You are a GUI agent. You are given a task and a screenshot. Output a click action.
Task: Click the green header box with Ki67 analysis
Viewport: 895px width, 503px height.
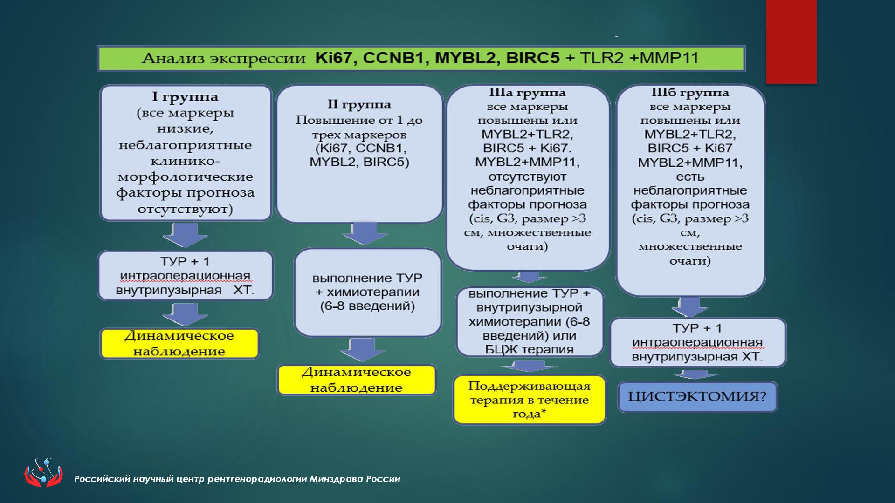(421, 59)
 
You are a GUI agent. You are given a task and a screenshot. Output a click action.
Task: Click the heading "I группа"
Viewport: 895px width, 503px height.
(185, 97)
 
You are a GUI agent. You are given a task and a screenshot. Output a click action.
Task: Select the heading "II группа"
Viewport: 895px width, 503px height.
(359, 105)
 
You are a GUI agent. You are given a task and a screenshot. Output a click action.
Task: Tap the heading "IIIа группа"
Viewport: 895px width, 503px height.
(528, 93)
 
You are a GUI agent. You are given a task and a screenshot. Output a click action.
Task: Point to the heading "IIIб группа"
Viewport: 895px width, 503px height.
(690, 93)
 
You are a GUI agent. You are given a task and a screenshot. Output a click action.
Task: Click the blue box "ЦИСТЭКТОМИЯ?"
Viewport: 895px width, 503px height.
(697, 397)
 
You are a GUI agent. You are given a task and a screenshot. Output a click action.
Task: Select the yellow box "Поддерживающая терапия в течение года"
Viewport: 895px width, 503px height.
(530, 400)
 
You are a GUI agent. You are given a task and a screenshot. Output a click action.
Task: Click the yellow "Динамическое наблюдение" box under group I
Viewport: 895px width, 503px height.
(179, 344)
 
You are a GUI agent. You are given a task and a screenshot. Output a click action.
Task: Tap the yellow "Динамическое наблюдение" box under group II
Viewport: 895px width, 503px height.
(357, 380)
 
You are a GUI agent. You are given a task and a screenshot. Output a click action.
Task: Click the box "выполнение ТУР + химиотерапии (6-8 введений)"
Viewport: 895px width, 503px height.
(367, 292)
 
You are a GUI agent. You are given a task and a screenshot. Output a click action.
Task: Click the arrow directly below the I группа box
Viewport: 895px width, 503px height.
(185, 235)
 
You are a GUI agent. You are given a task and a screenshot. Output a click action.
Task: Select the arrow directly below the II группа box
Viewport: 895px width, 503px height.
(365, 233)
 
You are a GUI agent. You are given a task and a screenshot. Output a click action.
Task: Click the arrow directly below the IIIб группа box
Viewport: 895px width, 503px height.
(690, 307)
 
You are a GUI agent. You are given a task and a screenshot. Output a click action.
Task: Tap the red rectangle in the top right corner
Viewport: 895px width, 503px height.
(791, 42)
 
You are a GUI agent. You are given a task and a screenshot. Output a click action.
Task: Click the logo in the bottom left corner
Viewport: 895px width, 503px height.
(43, 473)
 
